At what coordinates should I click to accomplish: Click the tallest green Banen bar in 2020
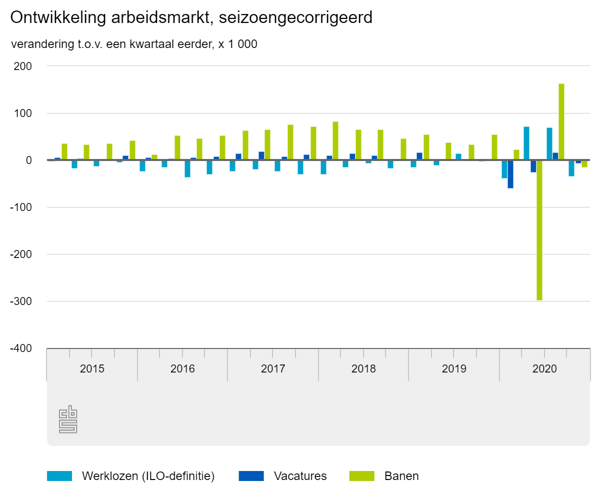[561, 122]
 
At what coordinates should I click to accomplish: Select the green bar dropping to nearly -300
[539, 230]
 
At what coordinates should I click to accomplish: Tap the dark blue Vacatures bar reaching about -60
[510, 174]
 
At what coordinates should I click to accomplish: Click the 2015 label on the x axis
[92, 369]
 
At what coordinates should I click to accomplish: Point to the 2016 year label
[182, 369]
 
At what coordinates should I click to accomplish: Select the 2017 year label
[273, 369]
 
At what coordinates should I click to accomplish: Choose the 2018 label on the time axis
[363, 369]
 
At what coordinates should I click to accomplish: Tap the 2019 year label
[454, 369]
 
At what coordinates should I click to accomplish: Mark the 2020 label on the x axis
[544, 369]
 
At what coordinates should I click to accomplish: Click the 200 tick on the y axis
[22, 66]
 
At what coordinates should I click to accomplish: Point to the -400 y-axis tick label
[20, 348]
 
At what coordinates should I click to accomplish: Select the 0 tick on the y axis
[29, 160]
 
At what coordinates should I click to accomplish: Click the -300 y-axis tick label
[20, 301]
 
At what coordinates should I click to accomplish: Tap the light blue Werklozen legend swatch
[59, 476]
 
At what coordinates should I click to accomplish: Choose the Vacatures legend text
[300, 476]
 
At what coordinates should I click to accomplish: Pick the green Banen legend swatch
[361, 476]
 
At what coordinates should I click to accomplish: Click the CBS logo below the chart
[68, 419]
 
